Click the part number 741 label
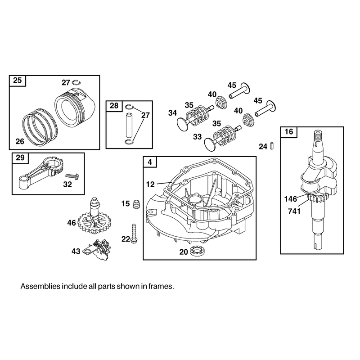(294, 211)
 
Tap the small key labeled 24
(272, 146)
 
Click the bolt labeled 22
(134, 234)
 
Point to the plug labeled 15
(136, 204)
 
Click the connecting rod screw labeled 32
(72, 176)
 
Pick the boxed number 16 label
(288, 132)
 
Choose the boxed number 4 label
(150, 162)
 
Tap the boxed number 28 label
(114, 106)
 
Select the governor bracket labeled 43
(96, 250)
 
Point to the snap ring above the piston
(76, 82)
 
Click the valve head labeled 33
(211, 144)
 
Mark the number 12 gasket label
(150, 184)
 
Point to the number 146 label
(291, 199)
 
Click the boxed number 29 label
(20, 158)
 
